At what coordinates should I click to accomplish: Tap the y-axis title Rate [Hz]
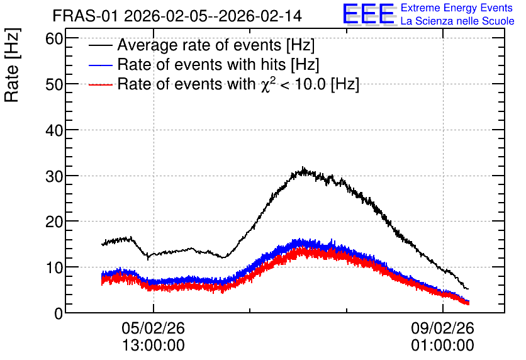(12, 65)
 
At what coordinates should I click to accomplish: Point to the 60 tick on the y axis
(54, 39)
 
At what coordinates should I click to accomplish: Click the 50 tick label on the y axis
(54, 84)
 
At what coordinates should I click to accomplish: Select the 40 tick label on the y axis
(54, 130)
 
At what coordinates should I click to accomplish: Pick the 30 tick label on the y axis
(54, 176)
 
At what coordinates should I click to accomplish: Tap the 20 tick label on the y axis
(54, 222)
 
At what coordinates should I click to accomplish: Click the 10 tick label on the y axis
(54, 267)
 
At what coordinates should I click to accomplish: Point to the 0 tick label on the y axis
(59, 313)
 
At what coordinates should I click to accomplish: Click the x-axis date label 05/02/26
(154, 328)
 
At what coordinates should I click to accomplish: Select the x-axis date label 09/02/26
(443, 328)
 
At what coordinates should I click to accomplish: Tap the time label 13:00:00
(154, 346)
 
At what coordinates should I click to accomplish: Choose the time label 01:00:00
(443, 346)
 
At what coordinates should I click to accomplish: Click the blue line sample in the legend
(100, 65)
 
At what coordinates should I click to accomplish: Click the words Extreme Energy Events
(457, 8)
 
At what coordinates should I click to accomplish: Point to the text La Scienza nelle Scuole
(457, 21)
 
